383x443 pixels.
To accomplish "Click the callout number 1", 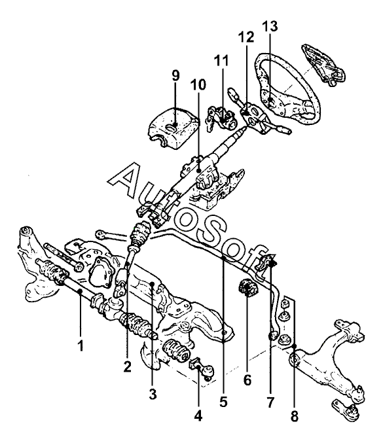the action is tap(81, 346).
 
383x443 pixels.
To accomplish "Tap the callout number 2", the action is tap(127, 366).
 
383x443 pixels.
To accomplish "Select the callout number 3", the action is tap(153, 393).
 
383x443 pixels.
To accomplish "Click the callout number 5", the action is tap(223, 402).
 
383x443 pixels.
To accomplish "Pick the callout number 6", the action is tap(247, 380).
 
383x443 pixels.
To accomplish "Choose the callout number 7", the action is tap(270, 402).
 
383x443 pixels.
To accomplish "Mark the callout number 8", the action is tap(295, 416).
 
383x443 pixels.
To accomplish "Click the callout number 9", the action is tap(175, 76).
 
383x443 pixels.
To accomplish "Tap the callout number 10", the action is tap(198, 85).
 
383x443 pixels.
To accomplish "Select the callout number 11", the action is tap(221, 60).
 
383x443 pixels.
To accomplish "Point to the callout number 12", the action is tap(246, 37).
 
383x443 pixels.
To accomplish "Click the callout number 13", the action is tap(270, 26).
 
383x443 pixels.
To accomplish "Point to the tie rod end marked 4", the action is tap(202, 368).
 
